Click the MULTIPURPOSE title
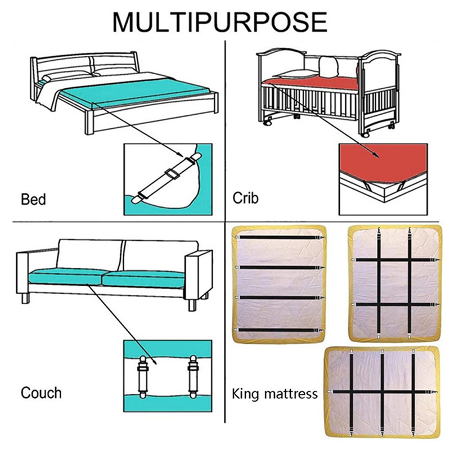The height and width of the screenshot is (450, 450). (220, 21)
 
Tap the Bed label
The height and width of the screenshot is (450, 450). (33, 199)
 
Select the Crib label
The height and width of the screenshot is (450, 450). (245, 198)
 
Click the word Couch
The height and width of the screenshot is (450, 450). (41, 393)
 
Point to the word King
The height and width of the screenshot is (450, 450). (245, 394)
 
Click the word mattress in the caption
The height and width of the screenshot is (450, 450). (291, 394)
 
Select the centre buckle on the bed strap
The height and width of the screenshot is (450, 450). (172, 173)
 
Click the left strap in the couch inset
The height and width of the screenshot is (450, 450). (143, 377)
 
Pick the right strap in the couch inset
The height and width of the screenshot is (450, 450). (193, 377)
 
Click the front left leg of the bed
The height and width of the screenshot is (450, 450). (89, 123)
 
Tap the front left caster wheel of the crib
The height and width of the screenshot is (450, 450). (268, 123)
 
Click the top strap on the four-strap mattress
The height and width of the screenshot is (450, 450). (280, 237)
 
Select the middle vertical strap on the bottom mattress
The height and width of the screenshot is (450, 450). (382, 393)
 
